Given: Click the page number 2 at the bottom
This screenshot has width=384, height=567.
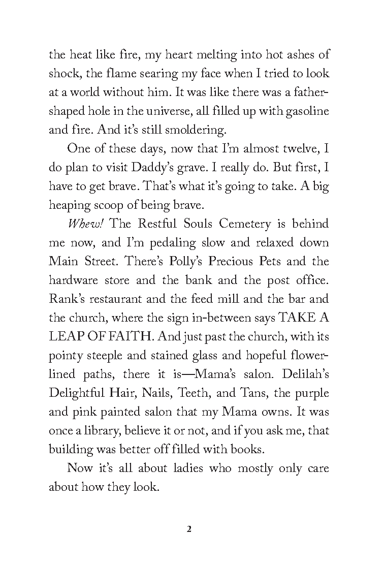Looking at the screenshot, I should click(189, 529).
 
